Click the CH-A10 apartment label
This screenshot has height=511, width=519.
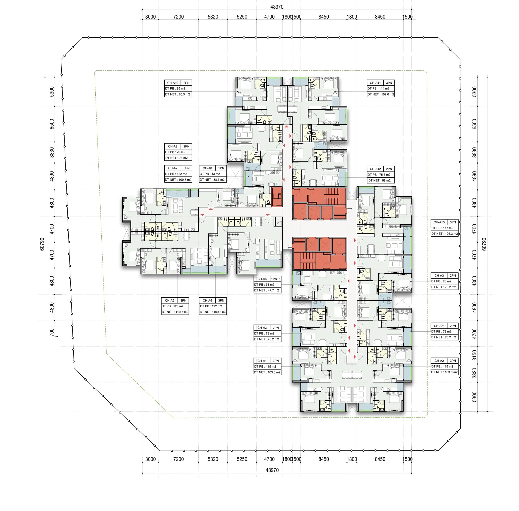(x=173, y=83)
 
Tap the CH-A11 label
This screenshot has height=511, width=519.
(x=375, y=83)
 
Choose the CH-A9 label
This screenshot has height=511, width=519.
(x=173, y=147)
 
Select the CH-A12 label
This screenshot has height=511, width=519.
(x=375, y=169)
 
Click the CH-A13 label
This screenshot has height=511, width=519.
(x=439, y=222)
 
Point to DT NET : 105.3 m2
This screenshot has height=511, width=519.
(x=445, y=234)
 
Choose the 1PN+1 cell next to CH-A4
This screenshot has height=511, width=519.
(x=276, y=279)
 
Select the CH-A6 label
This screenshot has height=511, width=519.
(x=170, y=301)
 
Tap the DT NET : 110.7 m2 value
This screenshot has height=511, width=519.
(x=175, y=312)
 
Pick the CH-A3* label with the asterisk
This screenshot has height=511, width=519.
(x=439, y=326)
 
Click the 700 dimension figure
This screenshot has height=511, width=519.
(x=52, y=332)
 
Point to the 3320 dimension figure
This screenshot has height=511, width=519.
(x=474, y=373)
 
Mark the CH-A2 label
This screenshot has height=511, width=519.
(x=439, y=361)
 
